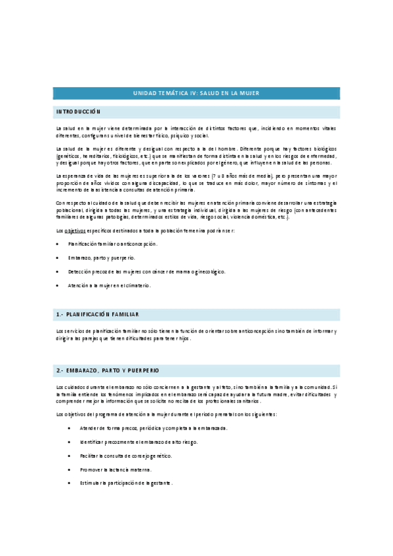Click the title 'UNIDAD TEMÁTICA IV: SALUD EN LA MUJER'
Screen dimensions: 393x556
click(x=196, y=93)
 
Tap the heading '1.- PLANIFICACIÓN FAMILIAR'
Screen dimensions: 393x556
click(x=98, y=315)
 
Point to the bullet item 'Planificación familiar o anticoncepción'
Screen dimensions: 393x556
click(x=112, y=245)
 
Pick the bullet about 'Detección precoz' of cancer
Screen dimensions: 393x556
click(x=146, y=271)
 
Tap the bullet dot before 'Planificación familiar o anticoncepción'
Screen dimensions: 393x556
click(x=58, y=245)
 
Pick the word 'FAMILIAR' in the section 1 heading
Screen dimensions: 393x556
click(x=125, y=315)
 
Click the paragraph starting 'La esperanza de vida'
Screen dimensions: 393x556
click(x=196, y=183)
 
